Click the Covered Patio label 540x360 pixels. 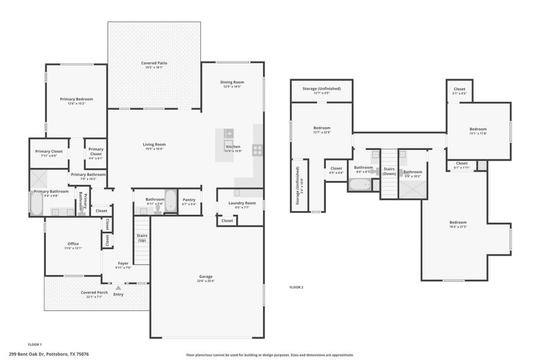point(154,62)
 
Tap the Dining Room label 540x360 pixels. point(232,82)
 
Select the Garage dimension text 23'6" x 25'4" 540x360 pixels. point(206,281)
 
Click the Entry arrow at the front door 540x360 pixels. point(118,288)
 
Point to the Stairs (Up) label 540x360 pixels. point(142,238)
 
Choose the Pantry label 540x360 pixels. point(189,199)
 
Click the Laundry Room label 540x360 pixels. point(242,203)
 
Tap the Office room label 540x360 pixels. point(73,244)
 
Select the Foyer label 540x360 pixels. point(123,263)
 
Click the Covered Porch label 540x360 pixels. point(95,292)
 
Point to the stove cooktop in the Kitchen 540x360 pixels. point(257,149)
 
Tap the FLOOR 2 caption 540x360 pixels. point(296,287)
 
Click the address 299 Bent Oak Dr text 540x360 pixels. point(49,354)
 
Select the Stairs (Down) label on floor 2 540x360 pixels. point(389,171)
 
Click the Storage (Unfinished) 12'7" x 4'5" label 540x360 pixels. point(322,89)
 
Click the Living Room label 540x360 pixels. point(154,144)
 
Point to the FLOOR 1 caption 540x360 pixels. point(35,344)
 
